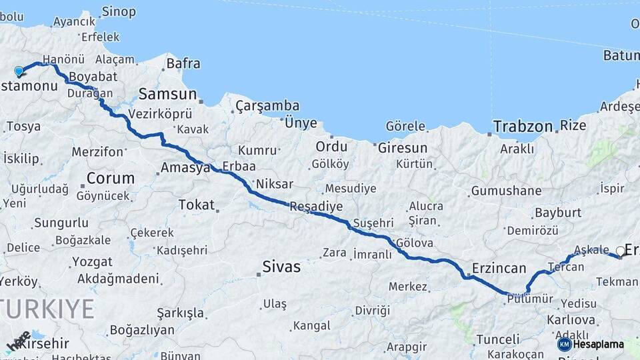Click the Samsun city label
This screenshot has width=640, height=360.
tap(167, 94)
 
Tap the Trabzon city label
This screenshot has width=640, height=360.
tap(523, 126)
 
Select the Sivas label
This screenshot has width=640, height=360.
tap(281, 267)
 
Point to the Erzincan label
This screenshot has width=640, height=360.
tap(499, 268)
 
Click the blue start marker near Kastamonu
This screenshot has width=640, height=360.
tap(19, 71)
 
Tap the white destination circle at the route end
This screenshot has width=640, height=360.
tap(621, 251)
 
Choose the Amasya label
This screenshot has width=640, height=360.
tap(185, 168)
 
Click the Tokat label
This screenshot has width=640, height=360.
tap(196, 205)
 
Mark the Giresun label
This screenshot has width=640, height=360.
tap(402, 147)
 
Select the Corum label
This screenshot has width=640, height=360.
tap(110, 178)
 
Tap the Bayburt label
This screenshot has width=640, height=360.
tap(557, 213)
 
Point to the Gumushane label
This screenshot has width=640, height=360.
tap(506, 191)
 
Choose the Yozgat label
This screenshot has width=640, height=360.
tap(92, 261)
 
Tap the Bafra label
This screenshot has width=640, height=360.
tap(183, 64)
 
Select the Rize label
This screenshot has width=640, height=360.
tap(573, 125)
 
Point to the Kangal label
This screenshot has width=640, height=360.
tap(311, 325)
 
